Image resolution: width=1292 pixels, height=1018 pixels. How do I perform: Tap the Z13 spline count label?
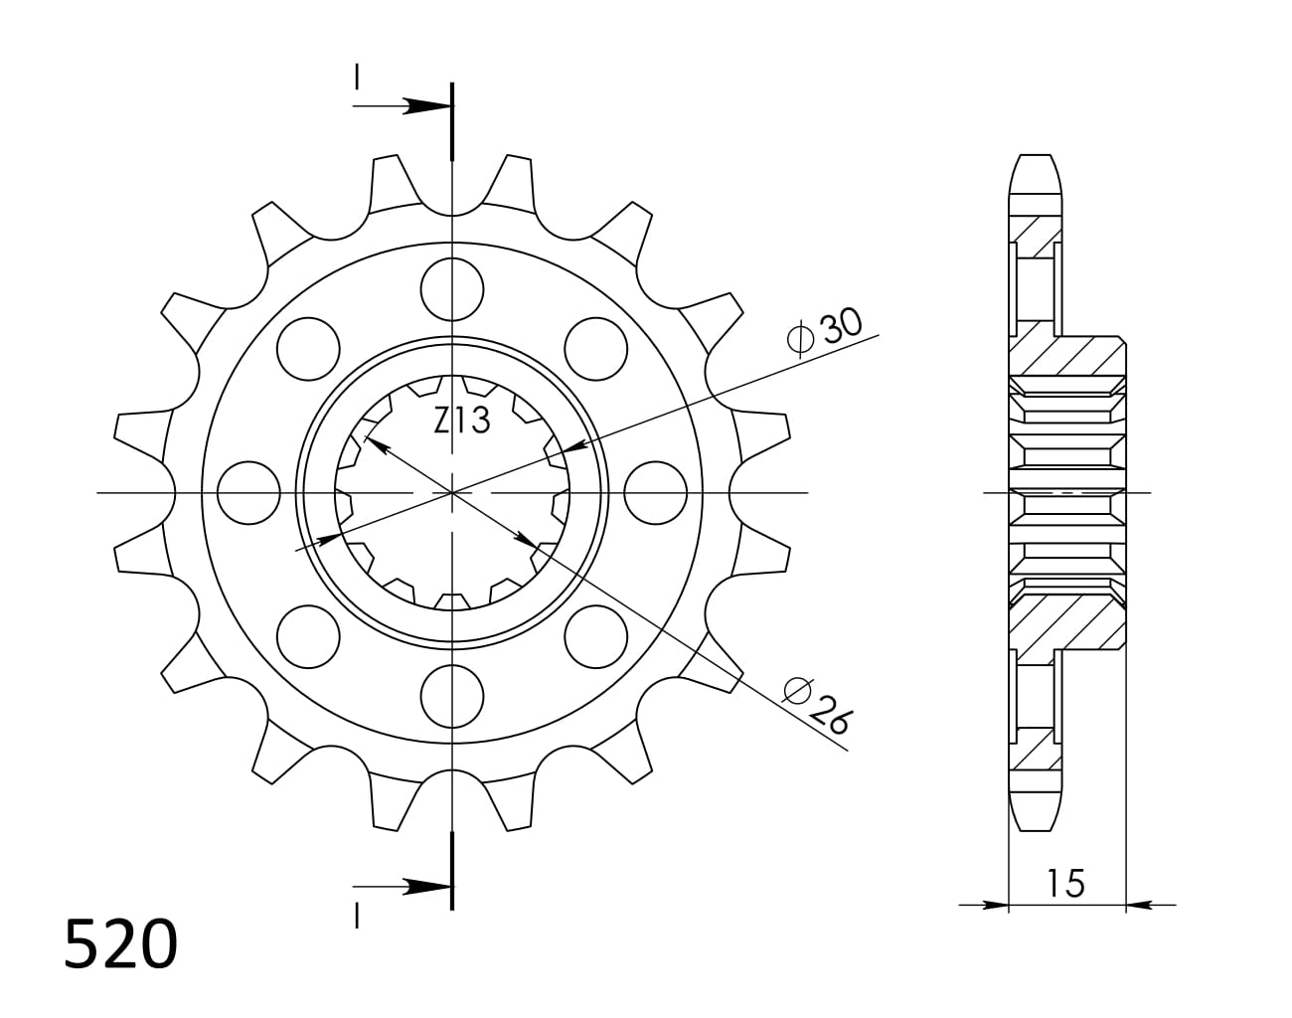(x=461, y=422)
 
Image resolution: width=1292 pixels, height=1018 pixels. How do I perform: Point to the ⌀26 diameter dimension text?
(x=817, y=704)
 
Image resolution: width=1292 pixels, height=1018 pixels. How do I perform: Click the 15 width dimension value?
(x=1064, y=882)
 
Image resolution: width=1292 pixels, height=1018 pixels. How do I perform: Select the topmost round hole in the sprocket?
(x=452, y=288)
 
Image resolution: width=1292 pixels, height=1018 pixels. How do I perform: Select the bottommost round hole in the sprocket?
(x=452, y=696)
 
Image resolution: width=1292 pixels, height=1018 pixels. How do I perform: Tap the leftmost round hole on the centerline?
(x=247, y=492)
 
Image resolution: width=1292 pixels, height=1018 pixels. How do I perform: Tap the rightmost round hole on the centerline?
(x=657, y=492)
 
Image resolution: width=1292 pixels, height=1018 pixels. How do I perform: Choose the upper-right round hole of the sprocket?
(x=596, y=348)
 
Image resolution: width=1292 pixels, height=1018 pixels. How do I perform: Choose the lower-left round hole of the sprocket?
(x=308, y=636)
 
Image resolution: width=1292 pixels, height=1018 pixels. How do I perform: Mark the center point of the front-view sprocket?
(x=452, y=492)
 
